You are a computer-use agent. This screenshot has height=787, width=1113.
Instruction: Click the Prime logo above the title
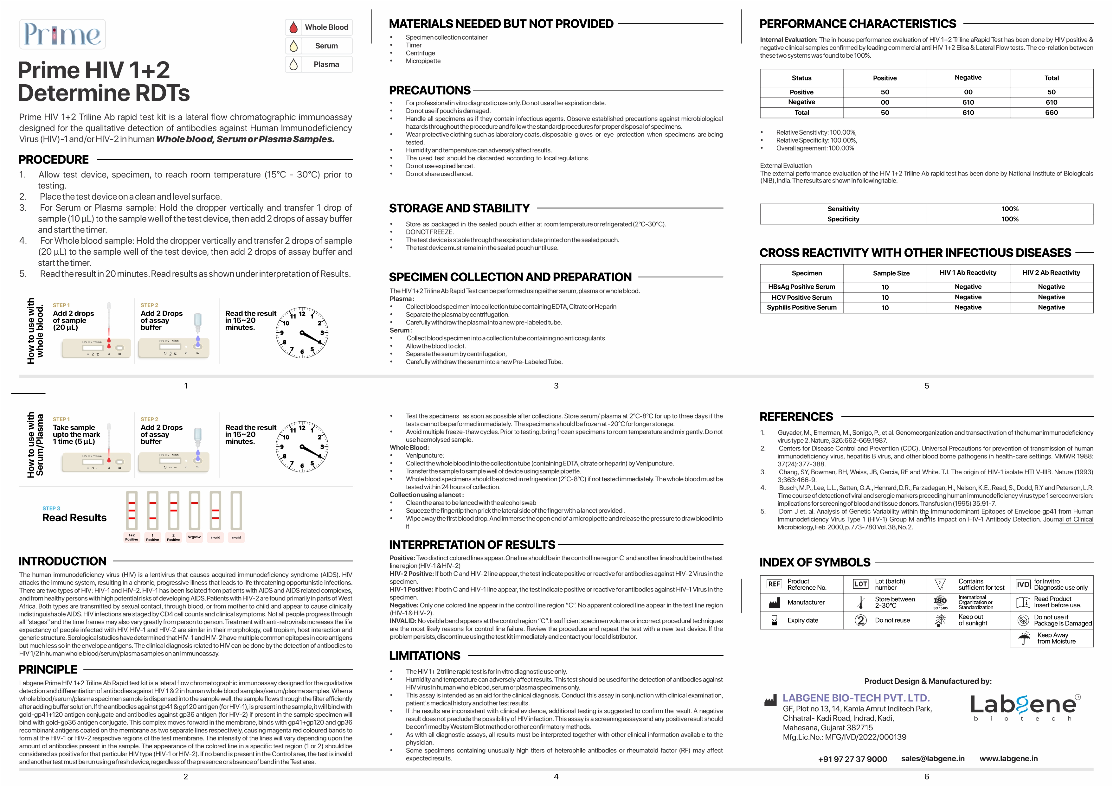click(x=62, y=34)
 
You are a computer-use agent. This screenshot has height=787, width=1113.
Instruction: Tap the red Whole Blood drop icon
click(x=293, y=27)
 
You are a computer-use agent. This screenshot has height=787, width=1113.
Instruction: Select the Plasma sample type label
click(x=326, y=64)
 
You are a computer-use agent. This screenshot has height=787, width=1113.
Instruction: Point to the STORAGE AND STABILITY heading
click(x=459, y=208)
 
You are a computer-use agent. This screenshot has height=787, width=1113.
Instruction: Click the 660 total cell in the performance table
click(x=1052, y=112)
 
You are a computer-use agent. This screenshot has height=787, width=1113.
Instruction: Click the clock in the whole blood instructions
click(x=302, y=332)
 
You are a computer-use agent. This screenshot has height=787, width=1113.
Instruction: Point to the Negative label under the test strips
click(x=194, y=537)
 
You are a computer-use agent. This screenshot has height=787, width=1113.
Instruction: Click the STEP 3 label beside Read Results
click(x=51, y=509)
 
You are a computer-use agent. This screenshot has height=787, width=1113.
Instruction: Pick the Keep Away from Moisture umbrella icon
click(x=1024, y=638)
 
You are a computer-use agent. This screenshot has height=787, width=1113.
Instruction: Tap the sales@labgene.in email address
click(x=933, y=758)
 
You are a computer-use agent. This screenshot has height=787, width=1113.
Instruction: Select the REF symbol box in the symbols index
click(x=774, y=584)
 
